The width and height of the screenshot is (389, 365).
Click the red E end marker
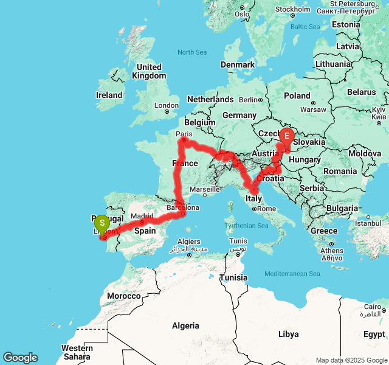click(x=286, y=135)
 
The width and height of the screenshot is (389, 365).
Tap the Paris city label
click(x=184, y=133)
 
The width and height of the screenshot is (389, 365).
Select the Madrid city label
click(x=142, y=216)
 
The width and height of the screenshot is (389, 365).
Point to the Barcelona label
click(x=182, y=207)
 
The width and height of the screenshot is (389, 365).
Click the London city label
click(x=167, y=105)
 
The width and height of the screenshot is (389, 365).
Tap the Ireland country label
click(x=109, y=95)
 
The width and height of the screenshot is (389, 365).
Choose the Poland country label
click(x=297, y=96)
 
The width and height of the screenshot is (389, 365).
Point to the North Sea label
click(x=192, y=52)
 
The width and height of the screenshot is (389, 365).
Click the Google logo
click(x=20, y=358)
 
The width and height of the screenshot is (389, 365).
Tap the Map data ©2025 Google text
click(x=351, y=360)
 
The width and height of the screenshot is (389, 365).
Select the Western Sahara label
click(x=77, y=352)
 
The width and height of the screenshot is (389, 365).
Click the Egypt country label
click(x=374, y=334)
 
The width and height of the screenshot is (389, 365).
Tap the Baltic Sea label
click(x=305, y=27)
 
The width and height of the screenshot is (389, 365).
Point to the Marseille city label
click(x=205, y=189)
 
